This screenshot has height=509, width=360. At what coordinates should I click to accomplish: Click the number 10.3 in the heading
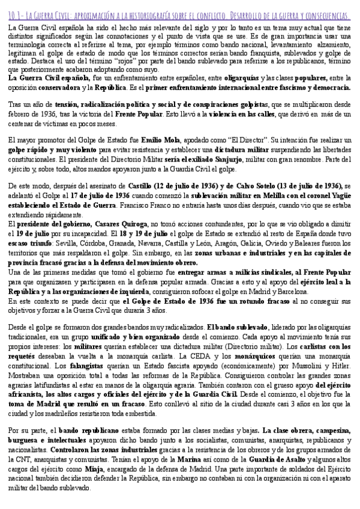pos(15,14)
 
